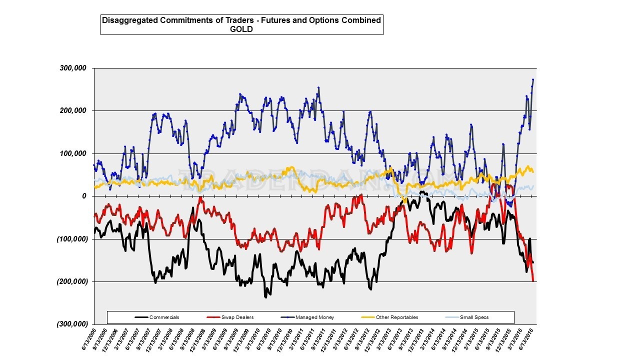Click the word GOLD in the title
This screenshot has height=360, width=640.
[241, 29]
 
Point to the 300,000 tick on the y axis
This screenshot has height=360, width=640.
[73, 68]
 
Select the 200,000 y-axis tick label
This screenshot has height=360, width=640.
[73, 110]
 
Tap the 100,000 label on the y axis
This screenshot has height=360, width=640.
[73, 153]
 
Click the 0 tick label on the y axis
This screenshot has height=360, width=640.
[85, 196]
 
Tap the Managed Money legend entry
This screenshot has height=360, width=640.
[314, 317]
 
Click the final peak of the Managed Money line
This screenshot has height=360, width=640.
[533, 79]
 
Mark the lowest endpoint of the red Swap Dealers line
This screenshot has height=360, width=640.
[533, 281]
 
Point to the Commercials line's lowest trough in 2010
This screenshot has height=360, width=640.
[266, 297]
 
